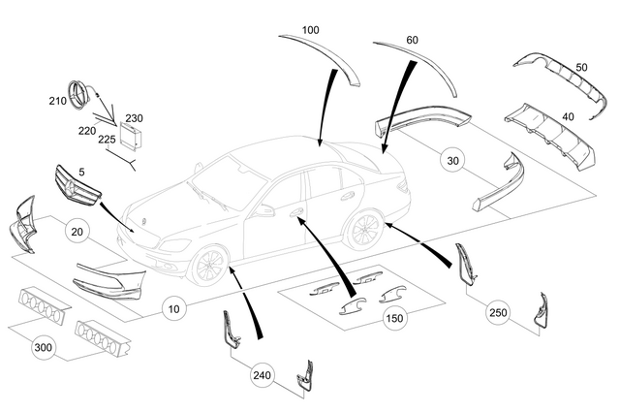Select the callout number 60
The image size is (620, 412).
[412, 40]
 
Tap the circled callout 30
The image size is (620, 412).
[450, 162]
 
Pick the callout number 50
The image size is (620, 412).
[581, 66]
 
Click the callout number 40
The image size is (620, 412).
[568, 115]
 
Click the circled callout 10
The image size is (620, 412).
[173, 310]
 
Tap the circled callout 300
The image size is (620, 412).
[42, 347]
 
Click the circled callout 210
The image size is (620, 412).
[56, 100]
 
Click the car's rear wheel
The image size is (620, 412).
[363, 232]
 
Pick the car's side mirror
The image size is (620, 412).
[263, 209]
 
